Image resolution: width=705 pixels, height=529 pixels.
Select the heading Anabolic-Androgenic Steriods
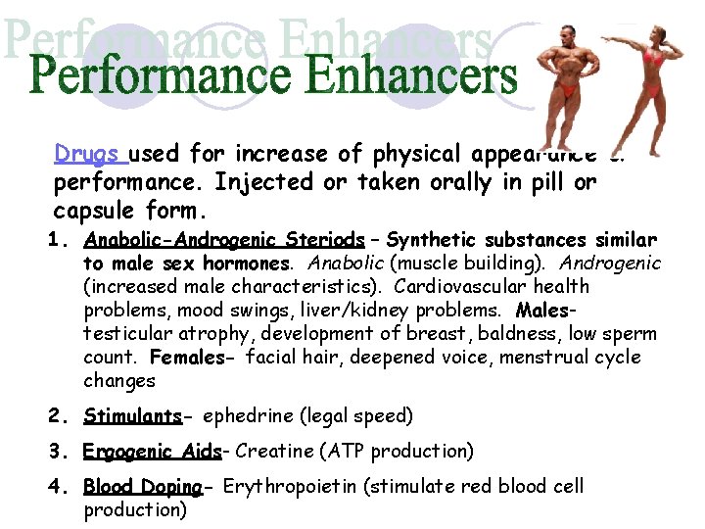pyautogui.click(x=224, y=240)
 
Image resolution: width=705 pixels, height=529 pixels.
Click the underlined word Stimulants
pyautogui.click(x=132, y=416)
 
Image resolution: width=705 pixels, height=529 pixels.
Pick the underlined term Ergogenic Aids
pyautogui.click(x=153, y=452)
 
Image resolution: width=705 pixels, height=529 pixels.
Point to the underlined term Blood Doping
pyautogui.click(x=142, y=487)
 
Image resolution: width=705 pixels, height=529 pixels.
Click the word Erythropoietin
pyautogui.click(x=284, y=487)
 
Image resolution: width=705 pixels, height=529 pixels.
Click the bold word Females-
pyautogui.click(x=193, y=358)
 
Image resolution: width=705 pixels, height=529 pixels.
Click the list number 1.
pyautogui.click(x=59, y=240)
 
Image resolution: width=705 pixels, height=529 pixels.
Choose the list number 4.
pyautogui.click(x=59, y=487)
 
